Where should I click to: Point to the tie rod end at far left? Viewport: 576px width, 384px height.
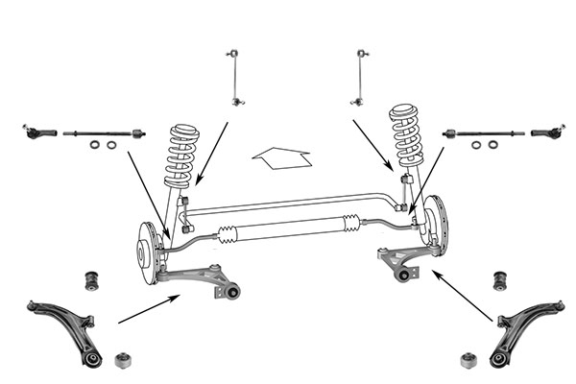38,130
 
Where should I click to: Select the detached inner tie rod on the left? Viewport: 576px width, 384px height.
104,132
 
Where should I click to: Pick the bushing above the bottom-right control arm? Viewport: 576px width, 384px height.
499,279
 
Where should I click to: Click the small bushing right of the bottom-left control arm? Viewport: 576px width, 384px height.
123,360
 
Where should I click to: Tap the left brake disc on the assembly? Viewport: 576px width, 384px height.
147,252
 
